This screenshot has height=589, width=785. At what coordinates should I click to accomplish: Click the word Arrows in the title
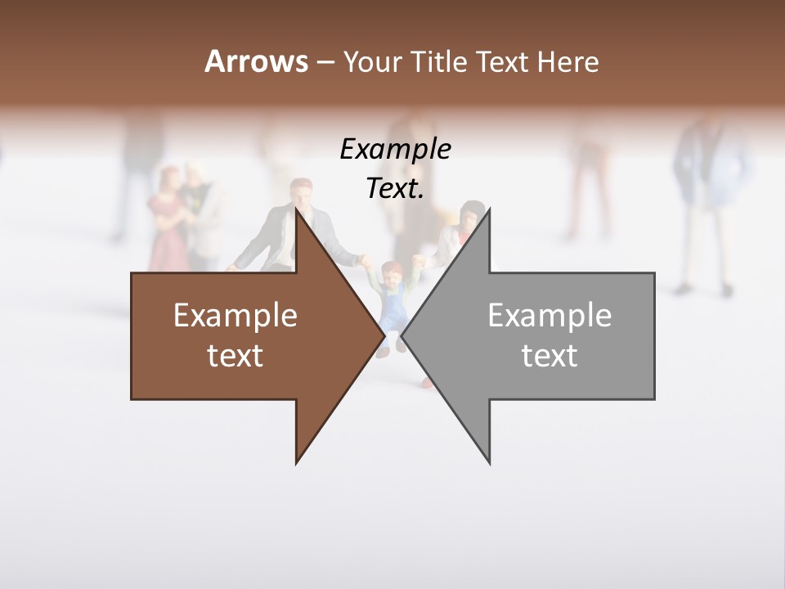point(256,61)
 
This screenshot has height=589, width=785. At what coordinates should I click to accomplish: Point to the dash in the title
point(325,62)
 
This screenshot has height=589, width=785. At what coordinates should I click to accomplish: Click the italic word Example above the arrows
point(395,149)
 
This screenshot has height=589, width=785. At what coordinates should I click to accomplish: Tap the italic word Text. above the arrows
point(395,188)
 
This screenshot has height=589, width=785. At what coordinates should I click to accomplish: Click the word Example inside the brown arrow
point(235,315)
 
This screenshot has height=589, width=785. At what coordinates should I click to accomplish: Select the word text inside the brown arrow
point(235,355)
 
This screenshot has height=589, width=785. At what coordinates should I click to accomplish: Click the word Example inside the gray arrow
point(549,315)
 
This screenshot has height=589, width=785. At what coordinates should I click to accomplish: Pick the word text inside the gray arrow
point(549,355)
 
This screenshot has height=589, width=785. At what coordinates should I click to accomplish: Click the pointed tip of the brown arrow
point(384,335)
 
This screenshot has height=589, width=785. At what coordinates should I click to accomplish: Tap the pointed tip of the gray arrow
point(402,335)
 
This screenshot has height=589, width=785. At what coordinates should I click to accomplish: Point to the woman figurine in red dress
point(167,217)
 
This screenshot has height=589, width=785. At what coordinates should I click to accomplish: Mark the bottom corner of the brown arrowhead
point(296,463)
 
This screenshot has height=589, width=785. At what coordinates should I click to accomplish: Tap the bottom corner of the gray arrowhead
point(490,463)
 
